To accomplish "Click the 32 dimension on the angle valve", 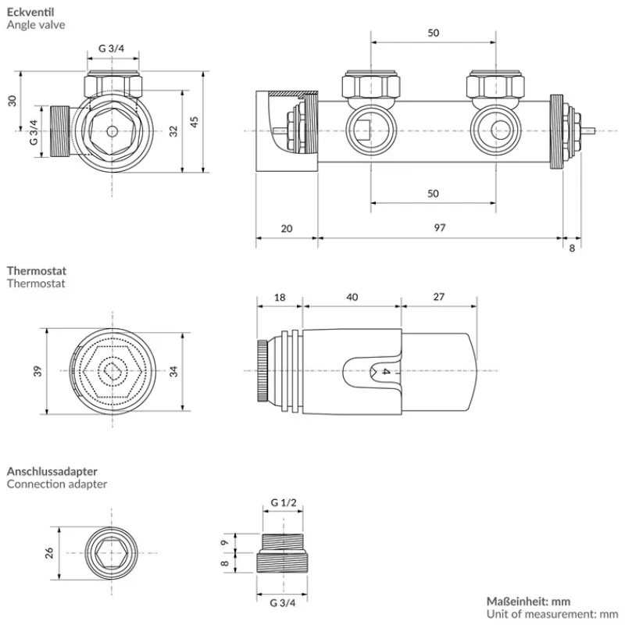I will click(x=173, y=130).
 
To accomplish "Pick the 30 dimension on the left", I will click(x=12, y=101).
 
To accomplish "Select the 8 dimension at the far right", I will click(x=572, y=248).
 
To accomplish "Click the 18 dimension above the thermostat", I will click(x=280, y=297).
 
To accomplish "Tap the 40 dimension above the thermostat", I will click(x=352, y=297).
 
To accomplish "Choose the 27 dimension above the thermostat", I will click(x=438, y=297).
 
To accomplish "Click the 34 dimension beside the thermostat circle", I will click(x=173, y=372).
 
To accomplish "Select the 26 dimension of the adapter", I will click(x=49, y=552).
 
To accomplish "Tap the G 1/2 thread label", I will click(x=283, y=502).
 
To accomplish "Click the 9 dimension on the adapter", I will click(x=224, y=542).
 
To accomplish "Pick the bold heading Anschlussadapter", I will click(x=52, y=471).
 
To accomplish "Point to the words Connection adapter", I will click(x=57, y=484).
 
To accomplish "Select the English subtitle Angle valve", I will click(x=36, y=24).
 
